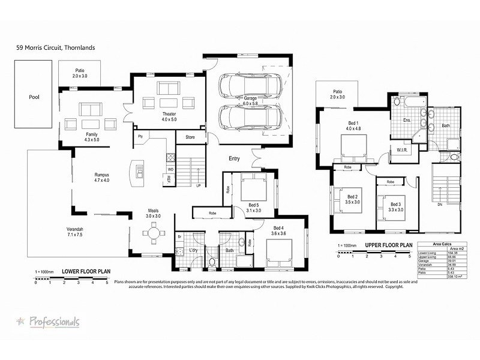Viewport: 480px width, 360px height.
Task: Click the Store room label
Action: [x=190, y=137]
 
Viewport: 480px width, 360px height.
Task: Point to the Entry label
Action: [x=235, y=158]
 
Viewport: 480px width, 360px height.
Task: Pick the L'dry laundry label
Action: [x=193, y=250]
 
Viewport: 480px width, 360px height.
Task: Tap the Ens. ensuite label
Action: [x=407, y=121]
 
